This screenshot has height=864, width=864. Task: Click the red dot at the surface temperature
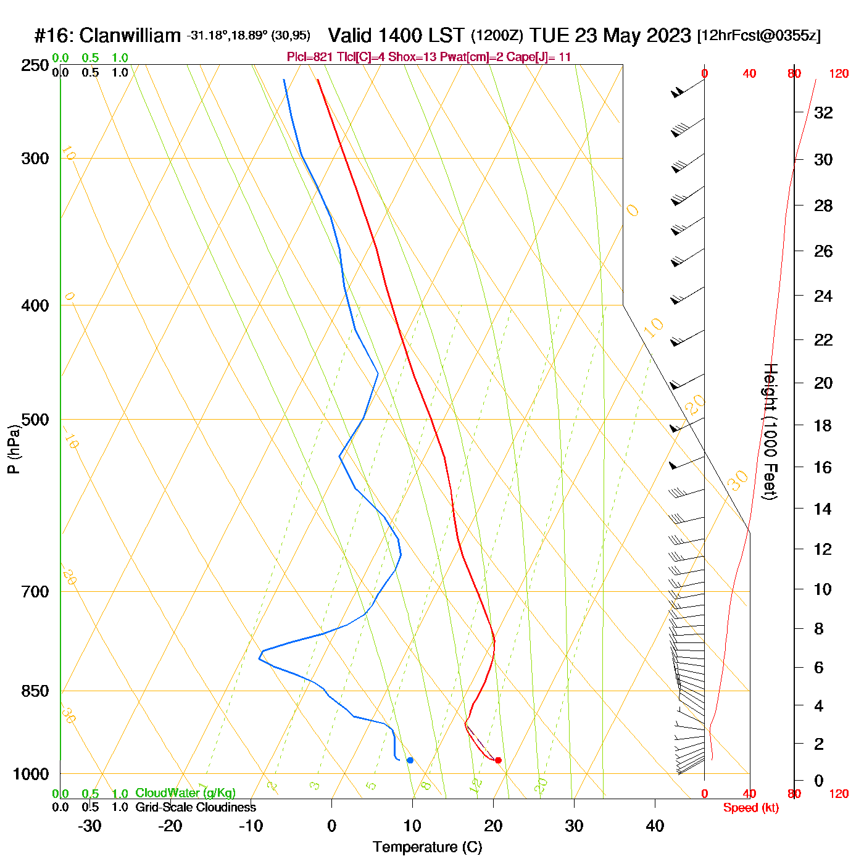[498, 760]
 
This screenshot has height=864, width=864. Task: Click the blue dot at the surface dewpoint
[410, 760]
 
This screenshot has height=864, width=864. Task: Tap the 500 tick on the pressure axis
[35, 420]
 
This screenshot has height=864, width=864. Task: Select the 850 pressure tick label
[35, 691]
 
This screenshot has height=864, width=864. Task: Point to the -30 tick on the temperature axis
[89, 826]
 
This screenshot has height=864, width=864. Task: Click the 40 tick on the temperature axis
[655, 826]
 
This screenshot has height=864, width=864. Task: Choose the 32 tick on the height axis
[823, 112]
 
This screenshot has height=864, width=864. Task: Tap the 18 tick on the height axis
[823, 425]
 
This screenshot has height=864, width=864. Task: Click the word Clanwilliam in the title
[130, 36]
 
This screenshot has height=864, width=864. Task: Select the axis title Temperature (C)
[427, 847]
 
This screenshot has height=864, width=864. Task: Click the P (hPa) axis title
[14, 449]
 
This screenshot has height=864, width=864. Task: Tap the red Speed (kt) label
[750, 808]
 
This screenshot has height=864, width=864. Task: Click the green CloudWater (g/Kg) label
[185, 793]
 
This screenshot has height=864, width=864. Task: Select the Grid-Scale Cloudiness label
[196, 807]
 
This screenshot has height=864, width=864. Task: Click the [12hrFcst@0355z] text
[758, 36]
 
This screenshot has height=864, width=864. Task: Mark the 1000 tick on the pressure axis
[31, 774]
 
